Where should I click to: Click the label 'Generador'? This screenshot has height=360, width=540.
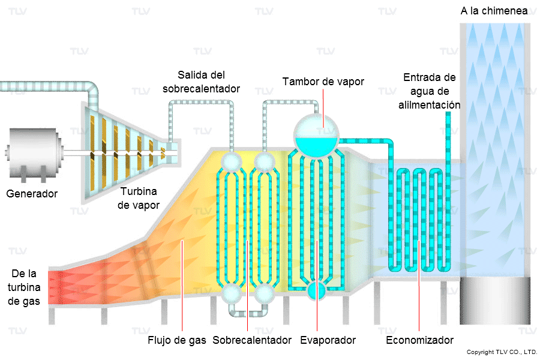pyautogui.click(x=32, y=194)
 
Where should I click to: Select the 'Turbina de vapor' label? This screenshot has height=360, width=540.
pyautogui.click(x=139, y=199)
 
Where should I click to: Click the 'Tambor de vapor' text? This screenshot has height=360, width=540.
pyautogui.click(x=323, y=81)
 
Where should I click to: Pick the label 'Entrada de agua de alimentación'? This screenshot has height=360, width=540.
pyautogui.click(x=429, y=91)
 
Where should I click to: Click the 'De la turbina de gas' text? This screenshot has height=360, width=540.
pyautogui.click(x=25, y=287)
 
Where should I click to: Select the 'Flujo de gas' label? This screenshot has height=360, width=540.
pyautogui.click(x=177, y=340)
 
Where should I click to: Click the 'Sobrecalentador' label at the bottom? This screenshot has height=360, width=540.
pyautogui.click(x=252, y=340)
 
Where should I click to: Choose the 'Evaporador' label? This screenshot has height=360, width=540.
pyautogui.click(x=328, y=340)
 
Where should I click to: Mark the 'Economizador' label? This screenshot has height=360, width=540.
pyautogui.click(x=419, y=340)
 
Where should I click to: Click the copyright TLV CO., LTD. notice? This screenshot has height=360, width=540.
pyautogui.click(x=502, y=352)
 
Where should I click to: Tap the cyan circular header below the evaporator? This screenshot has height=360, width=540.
pyautogui.click(x=316, y=291)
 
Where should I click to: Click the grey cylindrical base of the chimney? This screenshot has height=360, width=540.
pyautogui.click(x=495, y=302)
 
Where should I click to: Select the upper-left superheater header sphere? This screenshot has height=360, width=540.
pyautogui.click(x=231, y=161)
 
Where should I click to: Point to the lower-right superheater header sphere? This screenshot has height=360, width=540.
pyautogui.click(x=264, y=294)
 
